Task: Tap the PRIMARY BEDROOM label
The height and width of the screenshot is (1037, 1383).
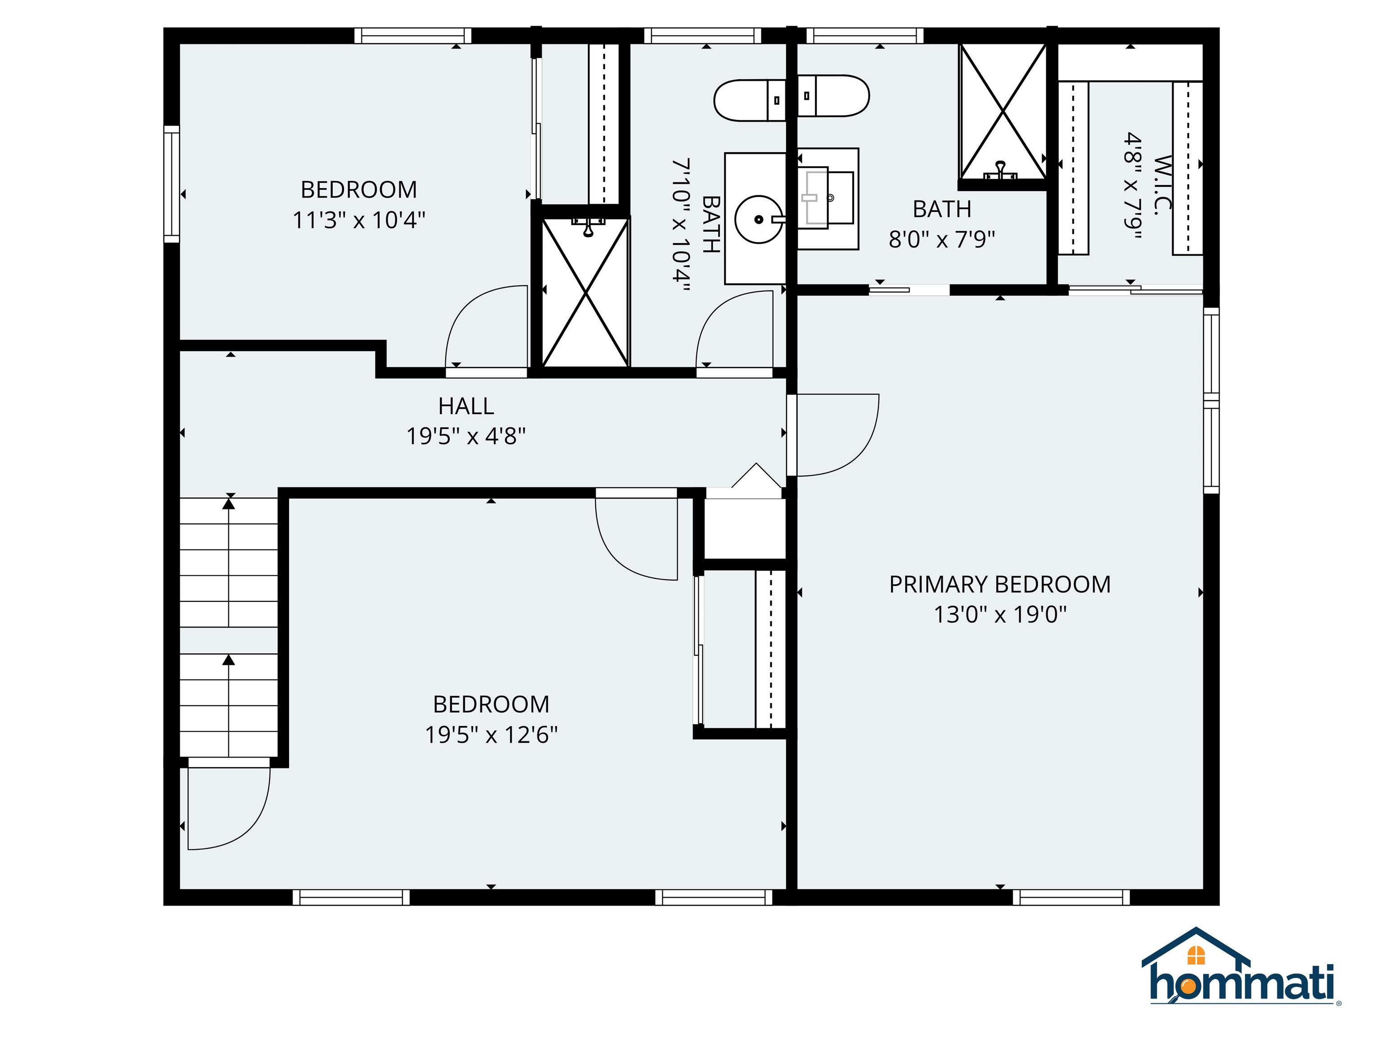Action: tap(1000, 585)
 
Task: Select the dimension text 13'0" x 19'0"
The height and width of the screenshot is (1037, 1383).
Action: tap(1000, 615)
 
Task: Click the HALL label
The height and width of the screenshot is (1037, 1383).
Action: tap(466, 406)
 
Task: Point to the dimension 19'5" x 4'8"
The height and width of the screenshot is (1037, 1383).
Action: tap(466, 436)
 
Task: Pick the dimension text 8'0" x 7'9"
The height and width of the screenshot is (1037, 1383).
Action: tap(942, 239)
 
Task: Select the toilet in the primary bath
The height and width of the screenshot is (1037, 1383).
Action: tap(833, 95)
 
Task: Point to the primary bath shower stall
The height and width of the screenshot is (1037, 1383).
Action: tap(1002, 113)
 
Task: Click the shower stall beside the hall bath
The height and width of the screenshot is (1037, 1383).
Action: tap(585, 292)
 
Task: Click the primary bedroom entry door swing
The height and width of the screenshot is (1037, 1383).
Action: tap(836, 434)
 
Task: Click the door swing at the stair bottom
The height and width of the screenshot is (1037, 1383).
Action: tap(228, 807)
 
